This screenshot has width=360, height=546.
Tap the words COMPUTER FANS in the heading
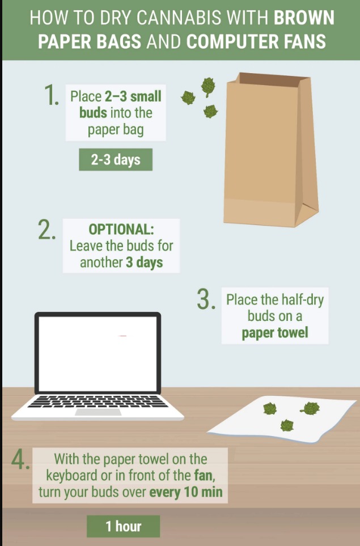tap(256, 41)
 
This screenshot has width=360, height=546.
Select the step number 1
tap(52, 95)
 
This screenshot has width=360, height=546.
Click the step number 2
tap(46, 230)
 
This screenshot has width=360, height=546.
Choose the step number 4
tap(20, 460)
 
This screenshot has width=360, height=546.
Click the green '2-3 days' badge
tap(116, 159)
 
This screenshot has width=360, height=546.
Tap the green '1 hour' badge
tap(123, 526)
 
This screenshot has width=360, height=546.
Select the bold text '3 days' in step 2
tap(144, 262)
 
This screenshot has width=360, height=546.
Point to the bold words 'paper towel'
tap(275, 333)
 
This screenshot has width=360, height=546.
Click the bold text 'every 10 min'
tap(186, 492)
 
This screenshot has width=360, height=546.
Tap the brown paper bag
tap(271, 150)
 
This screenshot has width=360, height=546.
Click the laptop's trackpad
tap(99, 412)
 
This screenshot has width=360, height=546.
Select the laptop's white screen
tap(98, 354)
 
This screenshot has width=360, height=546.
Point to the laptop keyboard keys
tap(98, 401)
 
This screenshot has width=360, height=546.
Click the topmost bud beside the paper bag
tap(208, 87)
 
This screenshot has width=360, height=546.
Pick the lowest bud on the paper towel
tap(287, 425)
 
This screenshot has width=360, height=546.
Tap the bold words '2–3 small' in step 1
tap(133, 96)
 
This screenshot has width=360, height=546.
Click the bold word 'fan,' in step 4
tap(204, 476)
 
